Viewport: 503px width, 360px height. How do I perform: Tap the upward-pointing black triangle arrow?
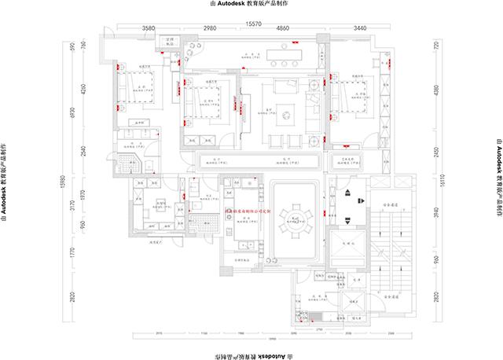click(x=350, y=191)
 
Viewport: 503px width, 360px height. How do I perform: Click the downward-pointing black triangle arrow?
click(x=350, y=220)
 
